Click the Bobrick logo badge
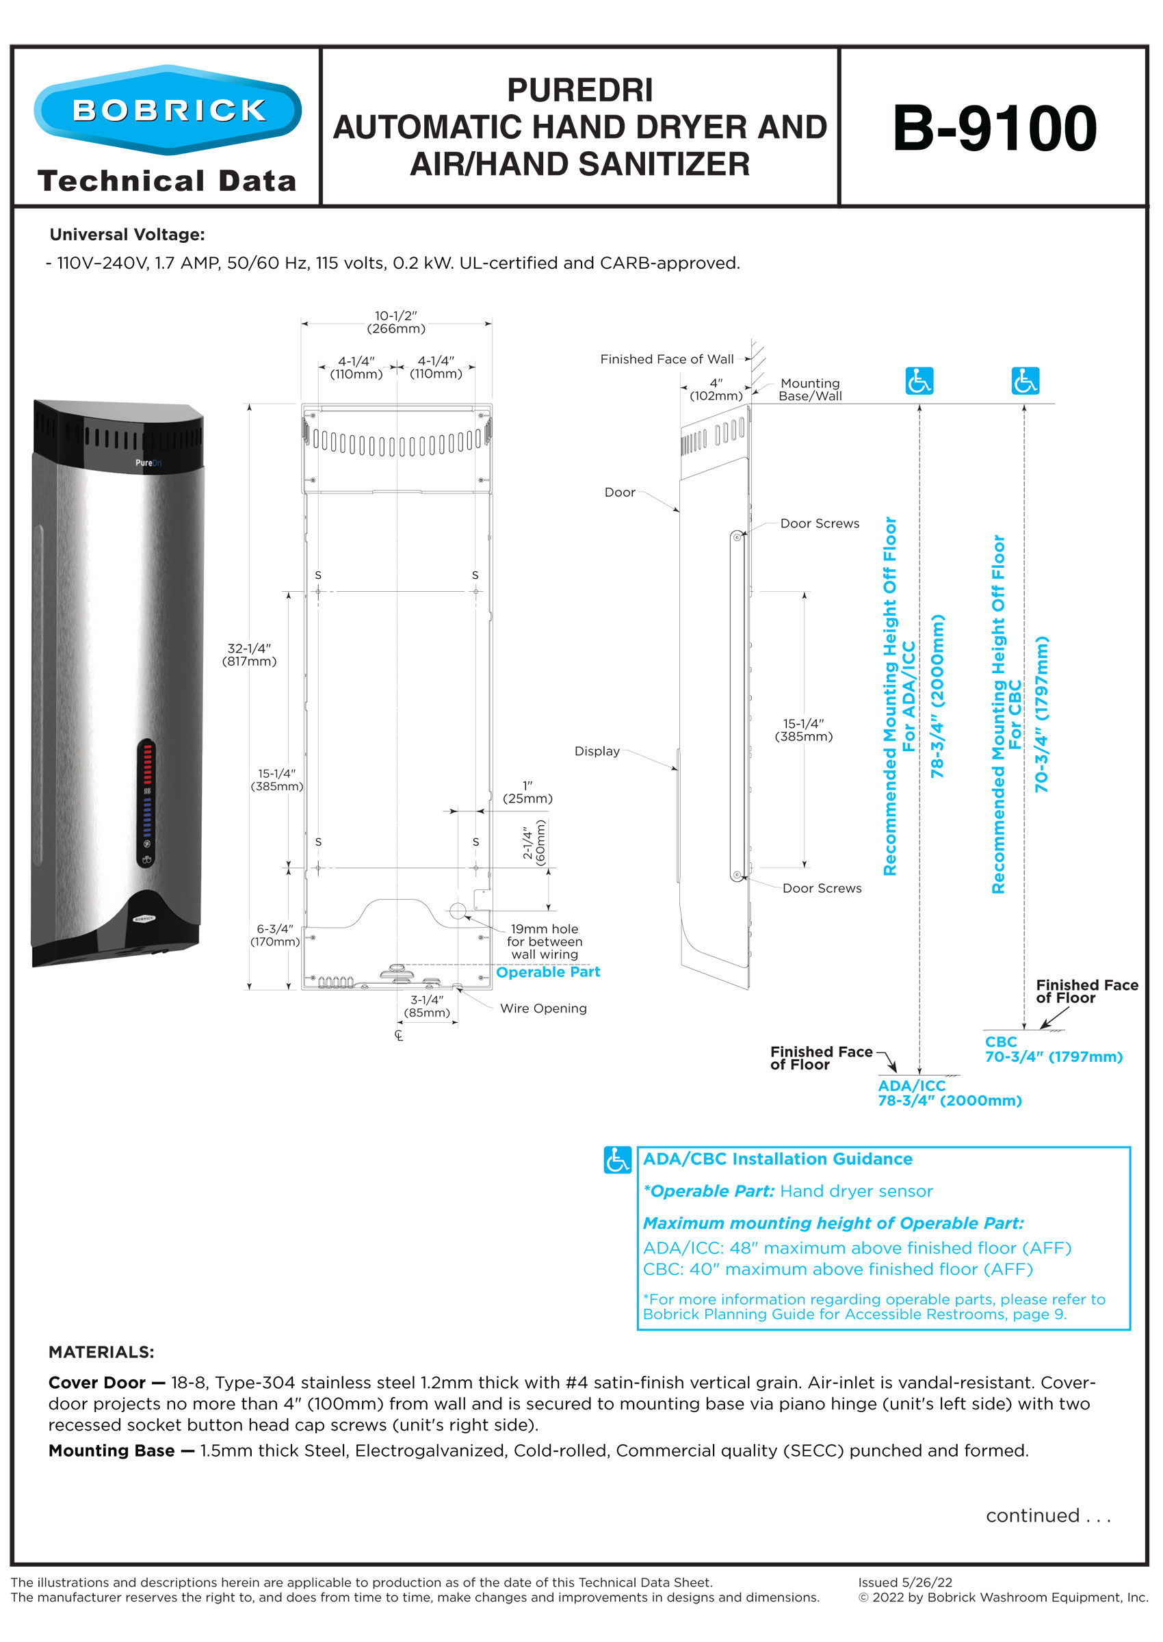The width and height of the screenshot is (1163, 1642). pos(168,110)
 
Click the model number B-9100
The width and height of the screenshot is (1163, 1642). pos(994,129)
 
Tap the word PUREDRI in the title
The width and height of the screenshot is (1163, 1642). pos(579,91)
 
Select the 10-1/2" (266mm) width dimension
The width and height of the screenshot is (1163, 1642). pos(396,322)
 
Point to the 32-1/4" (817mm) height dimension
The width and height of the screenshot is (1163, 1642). pos(249,655)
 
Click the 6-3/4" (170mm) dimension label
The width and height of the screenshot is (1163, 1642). pos(275,935)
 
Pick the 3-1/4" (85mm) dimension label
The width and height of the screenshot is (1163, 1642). pos(427,1006)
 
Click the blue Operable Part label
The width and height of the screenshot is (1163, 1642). pos(548,972)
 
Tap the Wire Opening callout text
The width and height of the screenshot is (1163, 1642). pos(543,1008)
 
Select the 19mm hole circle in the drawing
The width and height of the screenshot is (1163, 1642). pos(458,911)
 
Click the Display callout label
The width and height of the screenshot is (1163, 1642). pos(597,751)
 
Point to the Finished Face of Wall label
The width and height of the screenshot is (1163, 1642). pos(667,359)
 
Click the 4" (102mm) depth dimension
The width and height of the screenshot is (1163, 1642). pos(716,389)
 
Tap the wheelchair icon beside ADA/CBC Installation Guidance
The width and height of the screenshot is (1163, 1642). pos(617,1160)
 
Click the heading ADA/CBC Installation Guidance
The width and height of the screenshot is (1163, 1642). pos(778,1159)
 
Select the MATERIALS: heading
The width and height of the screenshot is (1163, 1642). pos(101,1352)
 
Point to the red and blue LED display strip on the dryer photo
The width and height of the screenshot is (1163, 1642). pos(146,801)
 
